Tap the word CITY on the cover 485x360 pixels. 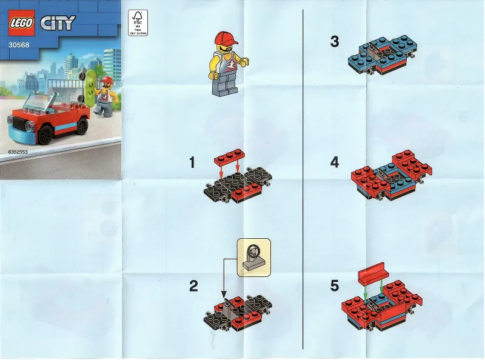click(58, 24)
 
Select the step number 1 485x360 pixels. click(192, 162)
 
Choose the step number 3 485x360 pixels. click(335, 42)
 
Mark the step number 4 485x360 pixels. click(335, 162)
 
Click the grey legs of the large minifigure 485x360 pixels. click(224, 87)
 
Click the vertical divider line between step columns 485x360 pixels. click(303, 182)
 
